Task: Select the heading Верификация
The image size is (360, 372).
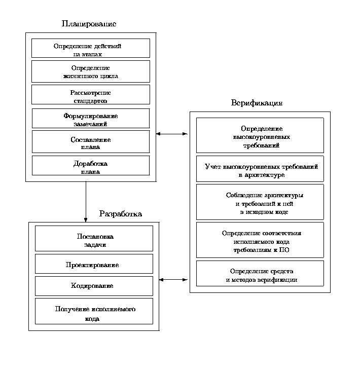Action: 257,103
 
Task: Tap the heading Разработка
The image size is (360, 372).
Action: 120,214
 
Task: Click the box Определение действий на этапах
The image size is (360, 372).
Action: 91,48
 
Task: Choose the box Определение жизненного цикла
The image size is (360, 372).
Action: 91,71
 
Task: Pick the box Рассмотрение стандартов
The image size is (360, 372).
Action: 91,95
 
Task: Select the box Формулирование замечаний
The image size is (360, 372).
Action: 91,119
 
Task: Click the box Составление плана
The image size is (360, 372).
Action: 91,142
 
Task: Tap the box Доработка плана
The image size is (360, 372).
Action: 91,166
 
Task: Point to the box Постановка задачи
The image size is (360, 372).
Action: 94,239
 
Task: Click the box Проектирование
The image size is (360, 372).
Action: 94,264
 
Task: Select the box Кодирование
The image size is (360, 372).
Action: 94,286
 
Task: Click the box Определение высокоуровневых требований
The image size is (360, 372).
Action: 260,135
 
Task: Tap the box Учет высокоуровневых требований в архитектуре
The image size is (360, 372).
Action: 260,169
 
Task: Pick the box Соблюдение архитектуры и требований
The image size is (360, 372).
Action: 260,202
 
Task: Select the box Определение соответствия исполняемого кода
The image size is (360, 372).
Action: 260,240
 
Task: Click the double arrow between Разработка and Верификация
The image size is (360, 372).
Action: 174,279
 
